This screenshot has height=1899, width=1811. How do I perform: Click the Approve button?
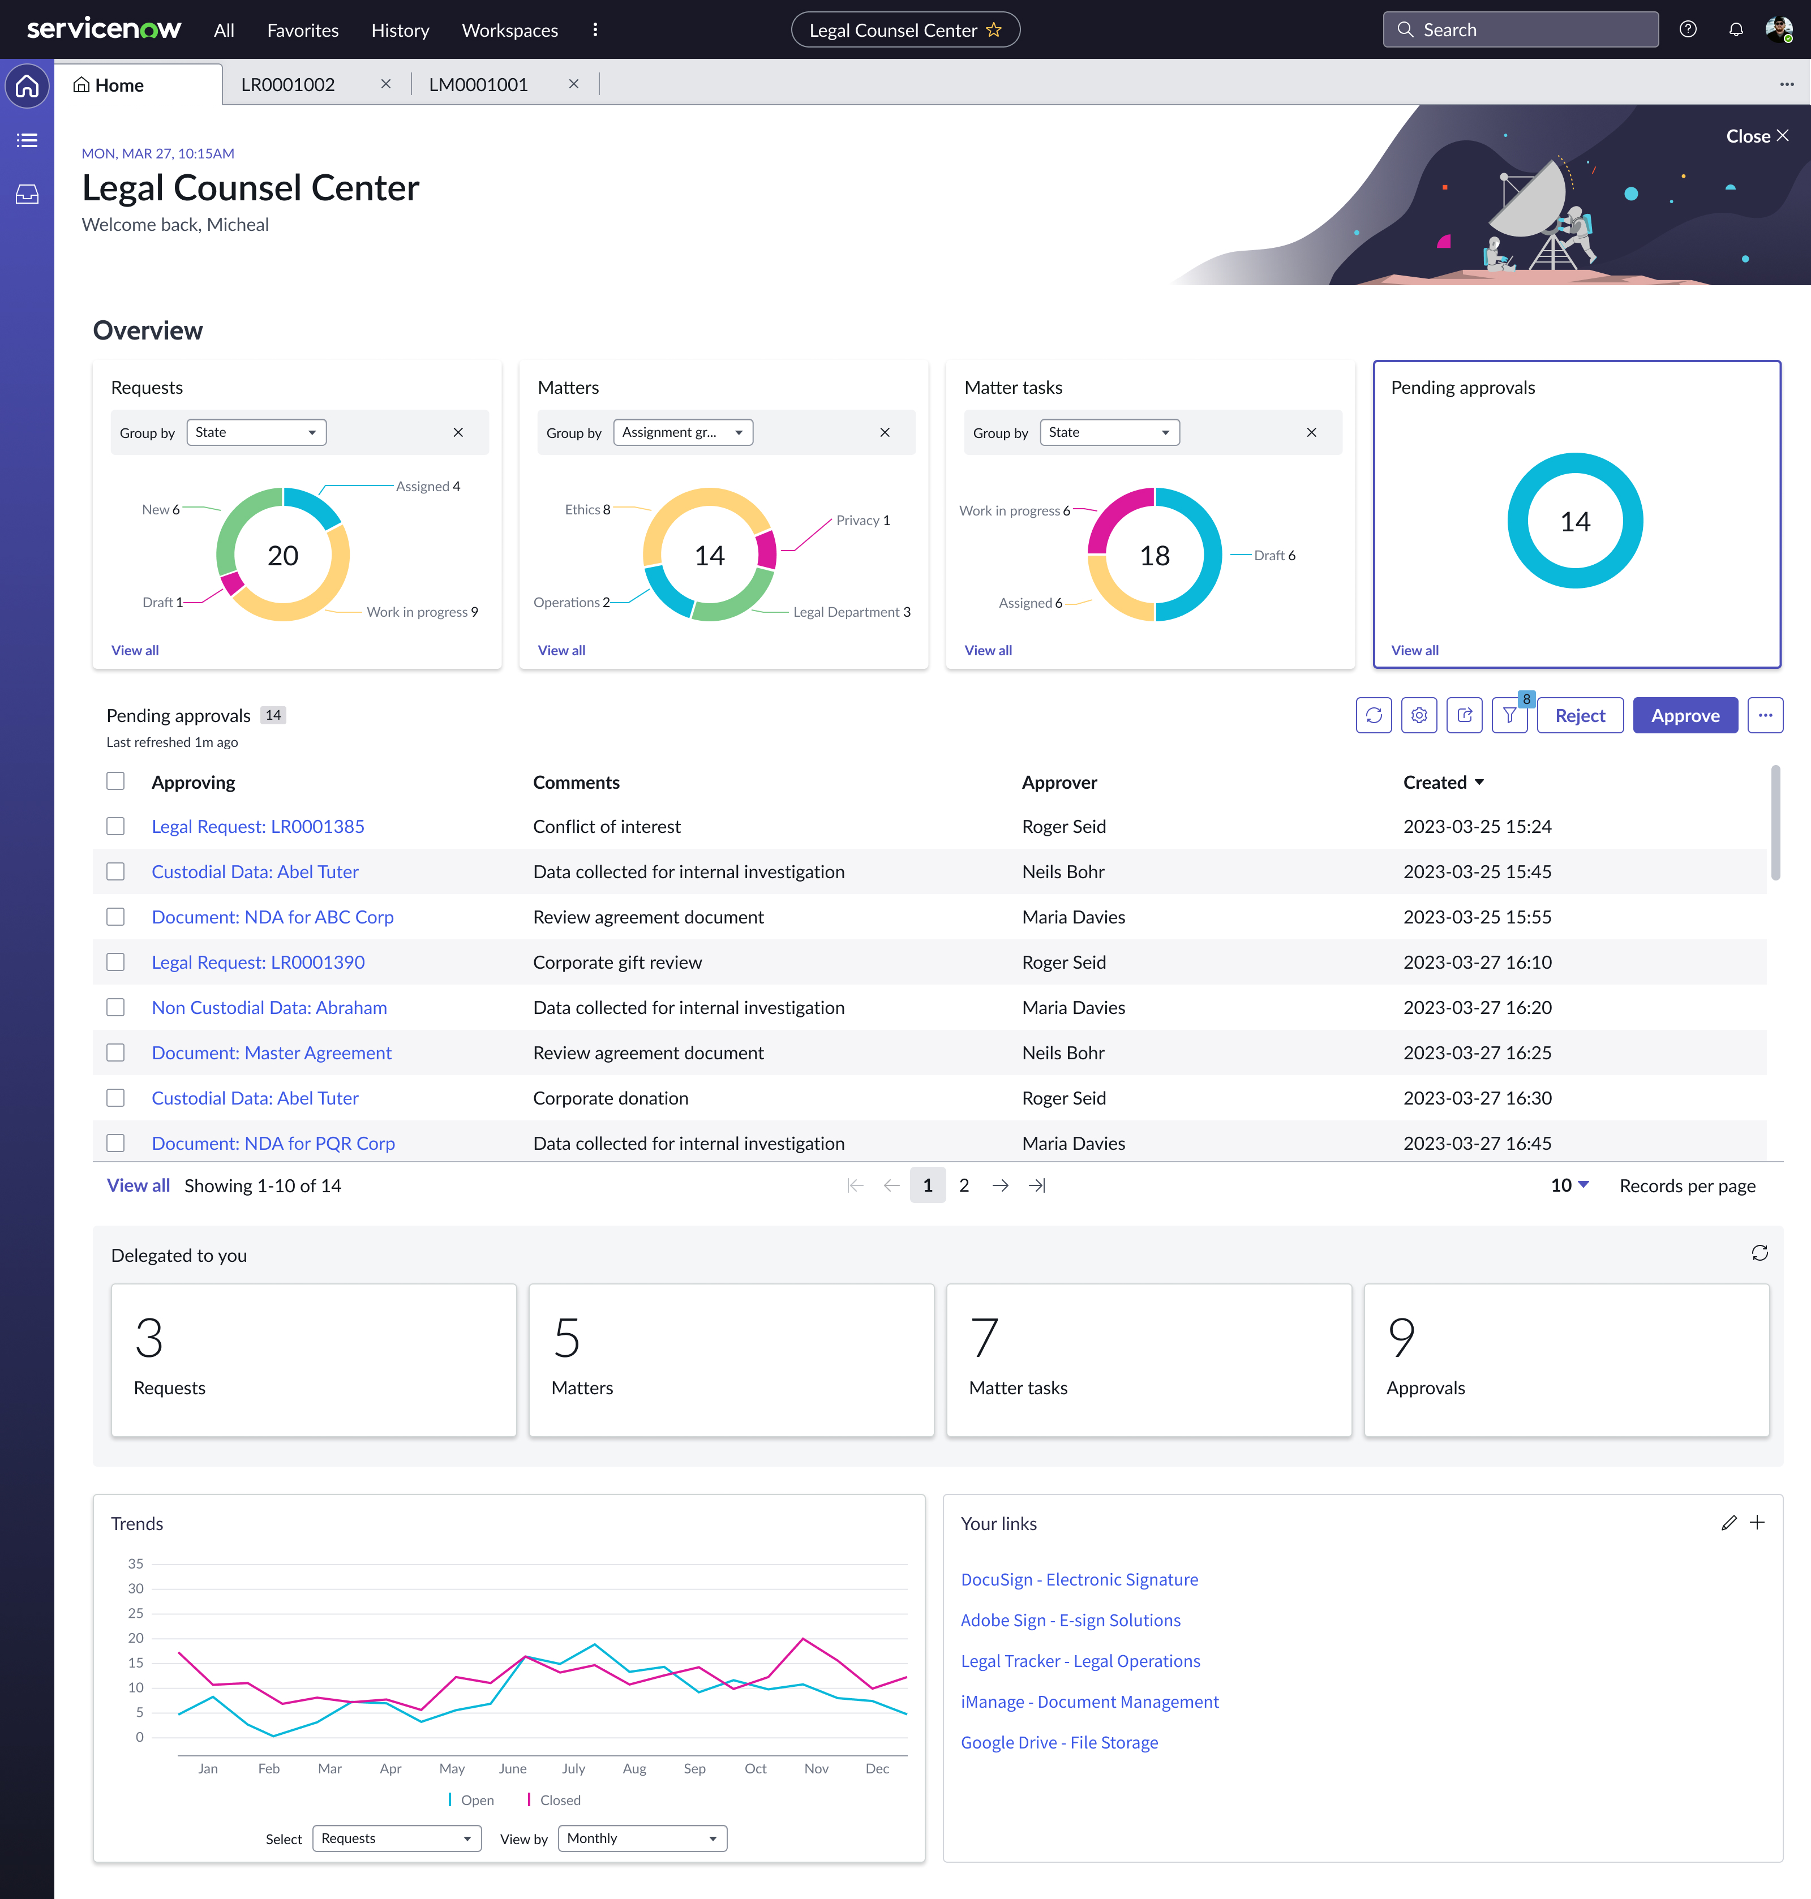click(x=1685, y=715)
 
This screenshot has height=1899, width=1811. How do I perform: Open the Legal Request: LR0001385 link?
click(x=258, y=826)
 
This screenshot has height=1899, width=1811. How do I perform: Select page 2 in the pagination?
click(x=963, y=1185)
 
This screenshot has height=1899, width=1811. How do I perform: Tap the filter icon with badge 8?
click(x=1509, y=715)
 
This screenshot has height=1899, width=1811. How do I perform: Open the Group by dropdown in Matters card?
click(x=683, y=432)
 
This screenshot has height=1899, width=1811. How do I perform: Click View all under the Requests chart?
click(x=135, y=651)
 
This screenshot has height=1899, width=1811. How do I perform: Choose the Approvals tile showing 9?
click(x=1566, y=1359)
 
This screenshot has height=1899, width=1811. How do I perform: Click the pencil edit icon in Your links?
click(x=1728, y=1523)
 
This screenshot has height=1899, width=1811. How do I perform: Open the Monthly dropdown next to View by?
click(x=642, y=1838)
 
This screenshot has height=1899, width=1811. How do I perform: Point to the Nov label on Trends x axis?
click(x=816, y=1769)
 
